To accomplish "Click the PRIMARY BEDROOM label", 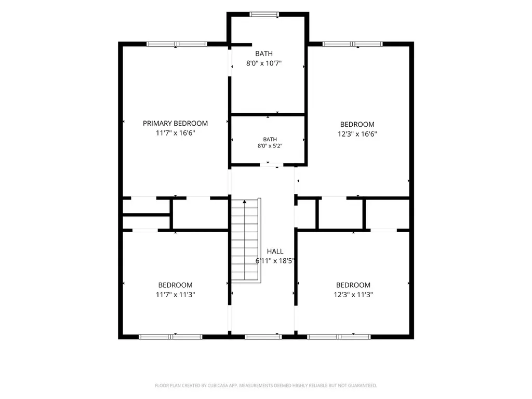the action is [175, 123].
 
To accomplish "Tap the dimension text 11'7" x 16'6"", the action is [176, 133].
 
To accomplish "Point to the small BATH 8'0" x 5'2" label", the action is [270, 142].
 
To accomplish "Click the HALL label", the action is [275, 251].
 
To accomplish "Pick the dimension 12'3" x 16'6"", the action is [357, 134].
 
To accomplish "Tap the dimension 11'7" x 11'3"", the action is [176, 295].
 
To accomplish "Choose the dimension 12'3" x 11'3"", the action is [353, 295].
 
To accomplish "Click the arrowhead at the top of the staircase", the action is [245, 202].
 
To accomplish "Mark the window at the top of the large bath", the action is [264, 14].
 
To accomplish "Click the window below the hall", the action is [263, 337].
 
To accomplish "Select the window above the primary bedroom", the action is [177, 44].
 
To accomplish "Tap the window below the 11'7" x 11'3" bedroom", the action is [170, 337].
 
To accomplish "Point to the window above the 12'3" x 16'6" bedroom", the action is [353, 44].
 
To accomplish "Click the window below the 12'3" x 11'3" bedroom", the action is [339, 337].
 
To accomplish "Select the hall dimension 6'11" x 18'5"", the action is [275, 261].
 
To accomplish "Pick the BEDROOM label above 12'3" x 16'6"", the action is [357, 125].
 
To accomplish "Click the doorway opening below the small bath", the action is [271, 165].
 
